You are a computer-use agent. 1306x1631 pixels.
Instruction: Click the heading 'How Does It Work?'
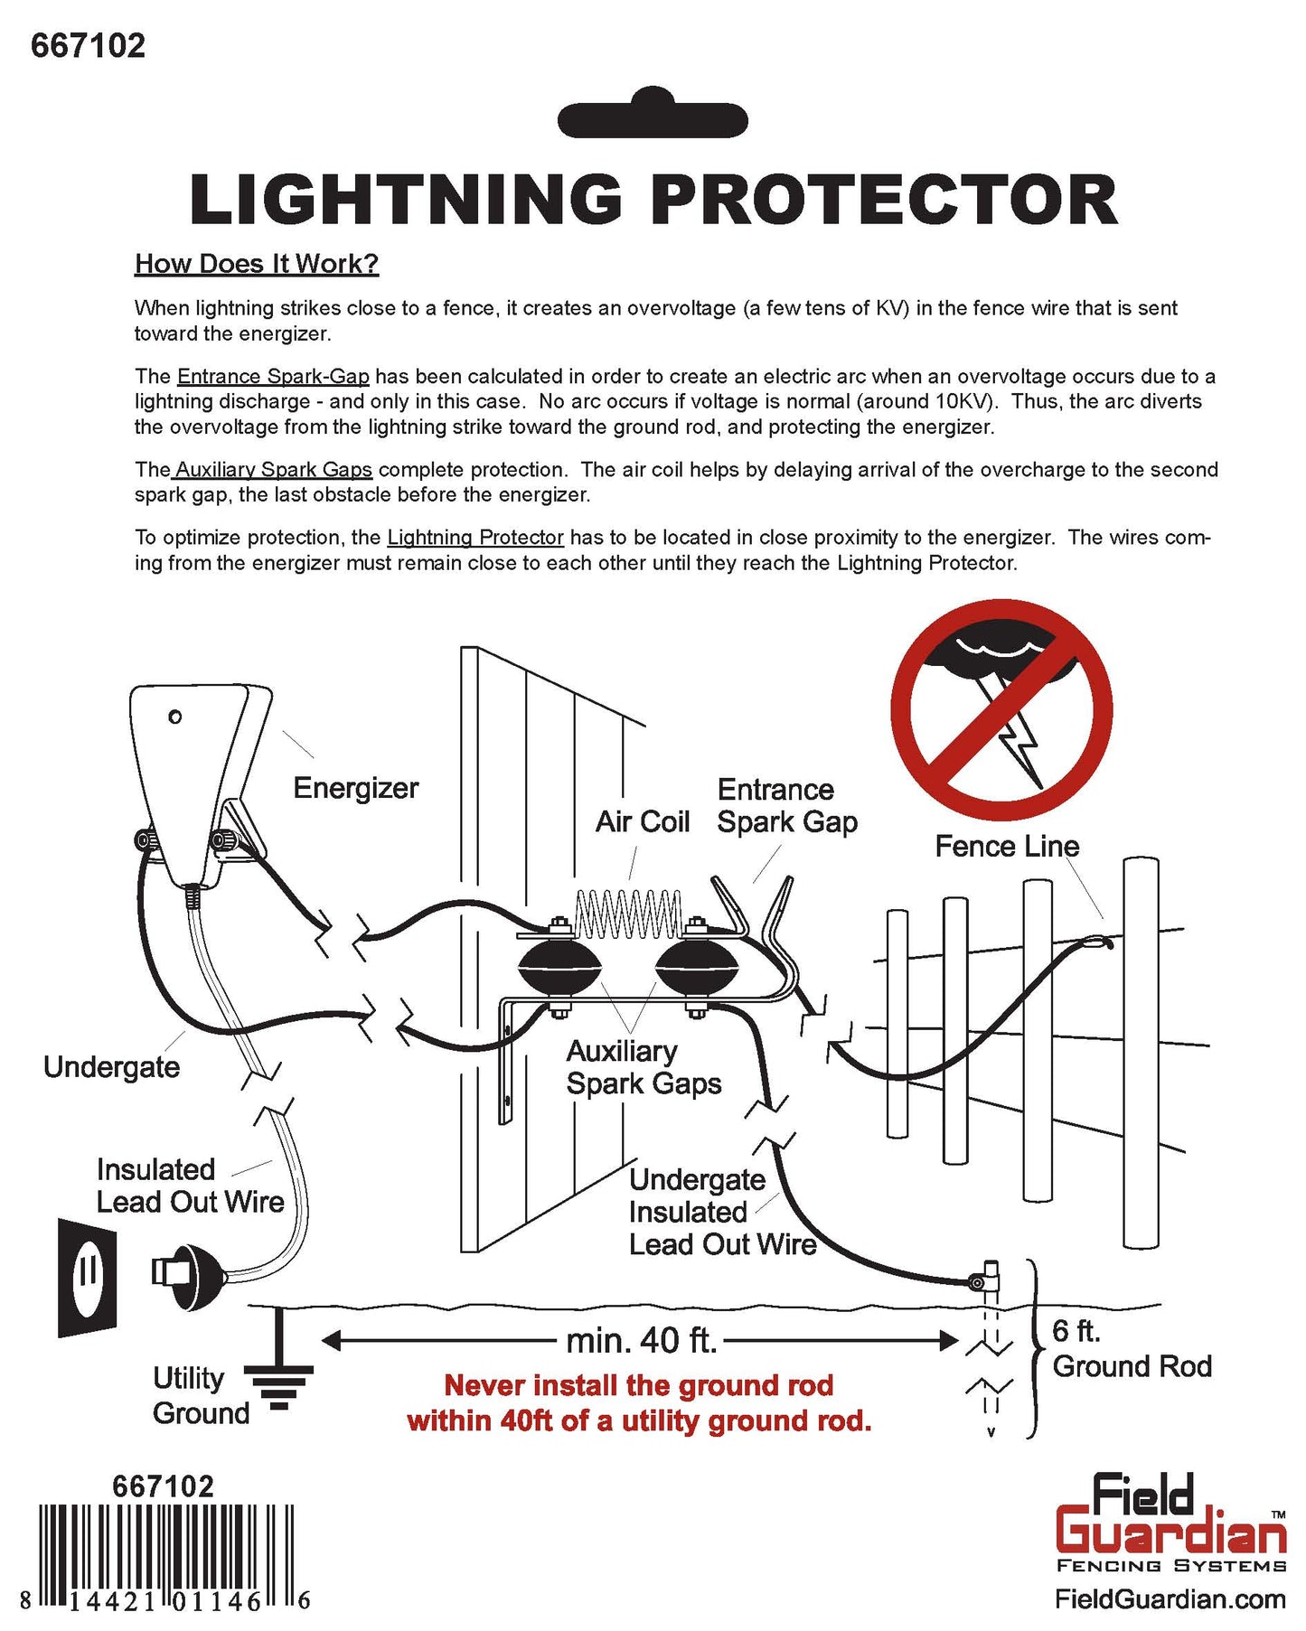[x=257, y=264]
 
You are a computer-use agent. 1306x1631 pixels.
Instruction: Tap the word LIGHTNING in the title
[x=406, y=200]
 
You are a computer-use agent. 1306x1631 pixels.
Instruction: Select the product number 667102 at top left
[x=88, y=45]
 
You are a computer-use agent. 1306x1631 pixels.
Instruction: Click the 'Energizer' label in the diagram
[x=355, y=788]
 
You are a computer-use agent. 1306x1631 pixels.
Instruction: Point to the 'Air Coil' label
[x=642, y=821]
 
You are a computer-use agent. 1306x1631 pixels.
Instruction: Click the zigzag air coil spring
[x=628, y=914]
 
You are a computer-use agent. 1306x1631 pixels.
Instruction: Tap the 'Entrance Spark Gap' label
[x=786, y=805]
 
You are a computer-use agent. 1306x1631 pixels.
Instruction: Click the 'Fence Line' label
[x=1006, y=846]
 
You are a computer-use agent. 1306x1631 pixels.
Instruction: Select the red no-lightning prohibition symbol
[x=1001, y=710]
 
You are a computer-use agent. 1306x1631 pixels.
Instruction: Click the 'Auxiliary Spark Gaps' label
[x=644, y=1067]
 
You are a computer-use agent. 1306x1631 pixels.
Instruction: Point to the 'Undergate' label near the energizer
[x=111, y=1066]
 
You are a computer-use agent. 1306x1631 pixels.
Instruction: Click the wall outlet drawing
[x=88, y=1277]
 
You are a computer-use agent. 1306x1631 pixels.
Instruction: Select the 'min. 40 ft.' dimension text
[x=641, y=1340]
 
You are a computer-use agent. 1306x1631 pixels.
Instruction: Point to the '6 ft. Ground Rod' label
[x=1130, y=1348]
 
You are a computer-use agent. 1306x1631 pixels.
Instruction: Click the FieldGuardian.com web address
[x=1170, y=1598]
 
